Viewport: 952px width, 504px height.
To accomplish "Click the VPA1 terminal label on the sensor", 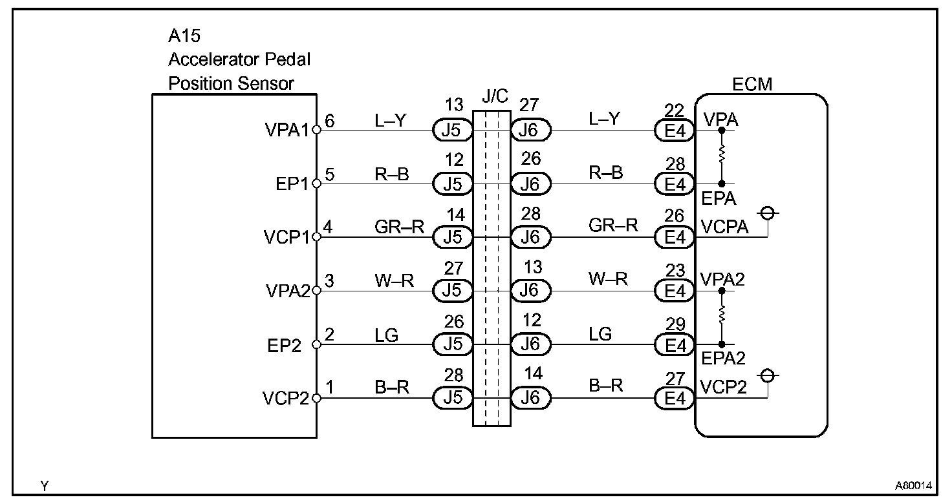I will [287, 131].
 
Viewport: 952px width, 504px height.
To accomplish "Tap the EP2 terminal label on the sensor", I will [285, 346].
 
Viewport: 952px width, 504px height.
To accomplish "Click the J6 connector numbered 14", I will [530, 398].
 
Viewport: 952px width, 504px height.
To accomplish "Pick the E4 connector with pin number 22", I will [675, 131].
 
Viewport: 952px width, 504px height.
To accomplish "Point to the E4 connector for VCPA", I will [675, 238].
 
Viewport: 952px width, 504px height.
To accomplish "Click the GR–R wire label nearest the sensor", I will [399, 226].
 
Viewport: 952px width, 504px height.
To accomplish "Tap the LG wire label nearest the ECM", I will [600, 334].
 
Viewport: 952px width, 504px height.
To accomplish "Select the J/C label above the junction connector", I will [495, 97].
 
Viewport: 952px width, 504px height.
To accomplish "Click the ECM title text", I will [752, 84].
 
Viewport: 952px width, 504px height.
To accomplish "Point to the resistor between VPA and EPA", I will [722, 156].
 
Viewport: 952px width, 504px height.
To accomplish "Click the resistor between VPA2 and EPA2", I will [722, 317].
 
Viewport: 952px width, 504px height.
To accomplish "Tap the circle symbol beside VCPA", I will [768, 213].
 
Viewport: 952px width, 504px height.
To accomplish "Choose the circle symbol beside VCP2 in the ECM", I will [768, 375].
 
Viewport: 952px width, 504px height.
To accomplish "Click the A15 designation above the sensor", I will [184, 36].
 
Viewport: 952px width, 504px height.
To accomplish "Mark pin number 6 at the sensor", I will [330, 121].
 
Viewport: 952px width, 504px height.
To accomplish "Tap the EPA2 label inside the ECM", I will [723, 359].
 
